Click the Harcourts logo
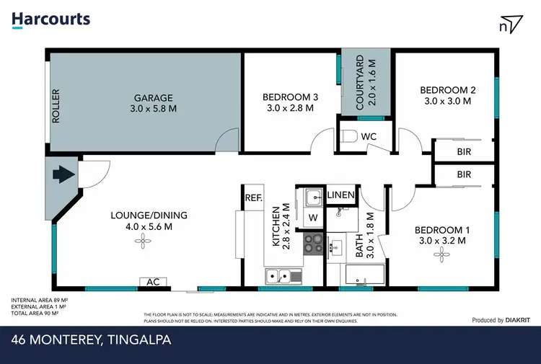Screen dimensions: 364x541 pyautogui.click(x=50, y=19)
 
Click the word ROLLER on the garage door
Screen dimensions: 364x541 pyautogui.click(x=56, y=106)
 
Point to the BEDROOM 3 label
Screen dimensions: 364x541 pyautogui.click(x=290, y=97)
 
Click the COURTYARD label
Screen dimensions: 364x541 pyautogui.click(x=364, y=83)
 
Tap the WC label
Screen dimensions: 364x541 pyautogui.click(x=369, y=137)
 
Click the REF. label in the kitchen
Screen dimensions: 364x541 pyautogui.click(x=252, y=197)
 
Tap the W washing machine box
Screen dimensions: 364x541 pyautogui.click(x=313, y=218)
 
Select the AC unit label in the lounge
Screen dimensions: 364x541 pyautogui.click(x=153, y=282)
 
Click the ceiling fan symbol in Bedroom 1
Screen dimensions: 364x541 pyautogui.click(x=439, y=257)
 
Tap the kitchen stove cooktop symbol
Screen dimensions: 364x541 pyautogui.click(x=313, y=244)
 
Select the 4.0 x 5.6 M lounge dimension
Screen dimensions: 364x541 pyautogui.click(x=149, y=226)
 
